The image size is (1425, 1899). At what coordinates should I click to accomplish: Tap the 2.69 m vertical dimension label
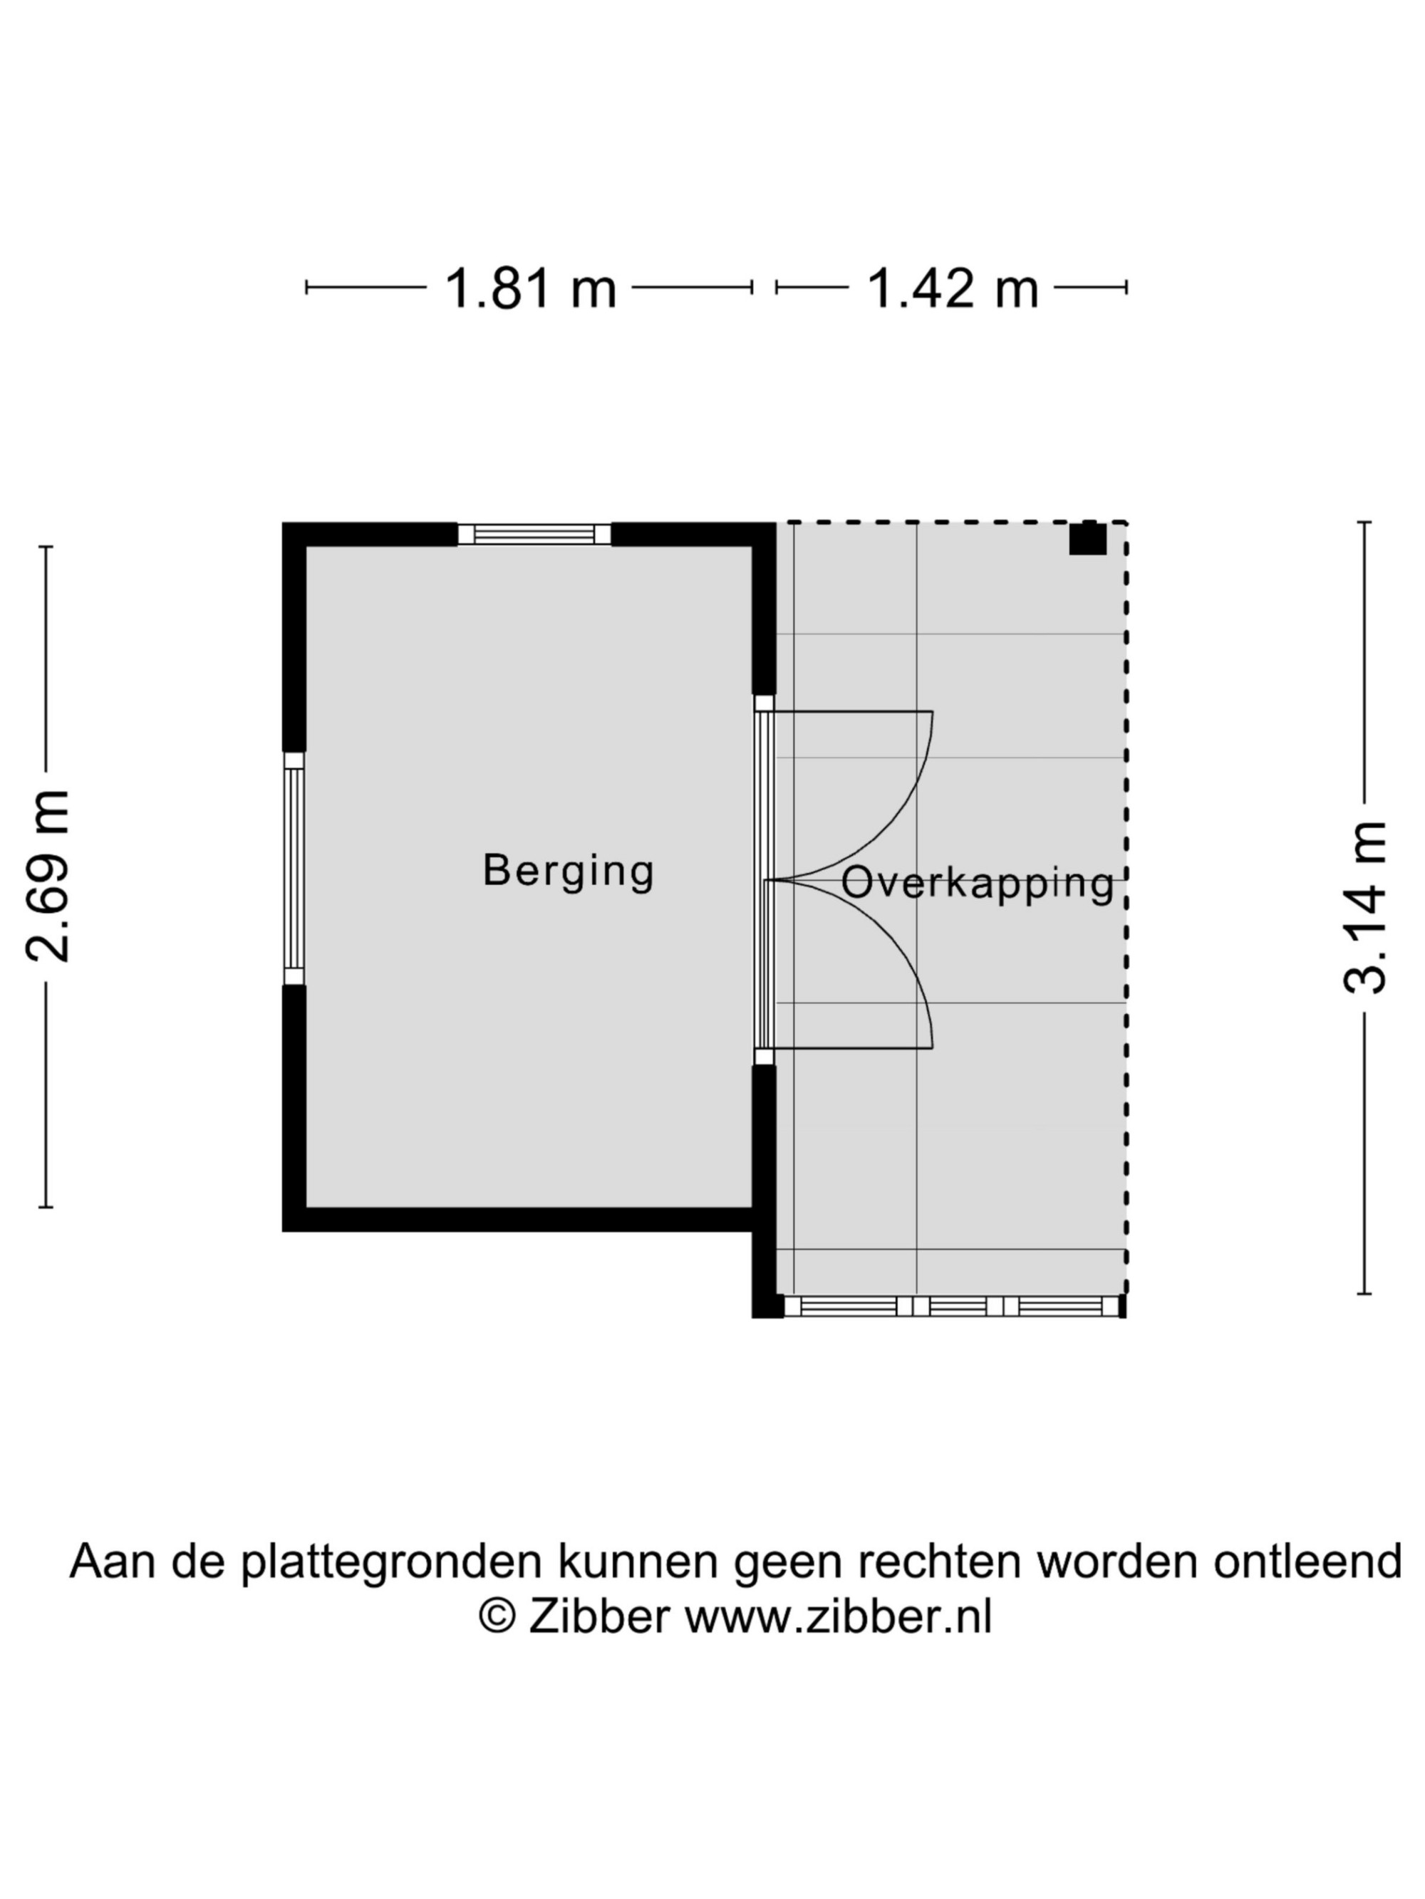point(47,875)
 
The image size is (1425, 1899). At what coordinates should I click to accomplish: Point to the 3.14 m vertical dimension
point(1364,907)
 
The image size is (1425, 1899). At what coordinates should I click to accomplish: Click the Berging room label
point(569,872)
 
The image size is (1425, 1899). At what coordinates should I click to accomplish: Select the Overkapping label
point(978,884)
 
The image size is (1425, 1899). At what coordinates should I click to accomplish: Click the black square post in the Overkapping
point(1087,538)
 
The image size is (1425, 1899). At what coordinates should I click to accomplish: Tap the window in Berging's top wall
point(534,534)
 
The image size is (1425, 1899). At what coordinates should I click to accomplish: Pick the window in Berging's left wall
point(294,868)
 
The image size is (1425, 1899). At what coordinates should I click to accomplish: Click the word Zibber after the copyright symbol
point(598,1618)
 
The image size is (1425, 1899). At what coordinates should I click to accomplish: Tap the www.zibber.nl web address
point(839,1618)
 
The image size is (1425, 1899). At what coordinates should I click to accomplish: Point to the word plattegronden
point(391,1561)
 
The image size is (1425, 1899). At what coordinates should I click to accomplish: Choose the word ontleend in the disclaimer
point(1307,1561)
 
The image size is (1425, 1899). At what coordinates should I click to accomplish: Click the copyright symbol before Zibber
point(497,1618)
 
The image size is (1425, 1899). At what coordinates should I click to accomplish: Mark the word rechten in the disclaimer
point(935,1561)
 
